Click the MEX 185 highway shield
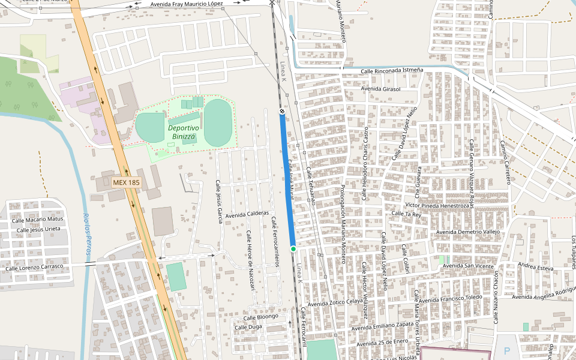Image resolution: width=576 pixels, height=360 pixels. tap(126, 181)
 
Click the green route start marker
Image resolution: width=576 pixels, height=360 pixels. tap(293, 248)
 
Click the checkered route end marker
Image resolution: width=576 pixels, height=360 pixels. tap(281, 112)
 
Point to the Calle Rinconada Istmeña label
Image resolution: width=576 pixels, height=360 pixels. tap(392, 71)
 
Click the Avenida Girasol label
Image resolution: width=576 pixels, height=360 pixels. tap(381, 89)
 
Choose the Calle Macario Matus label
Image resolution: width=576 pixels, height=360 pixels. tap(38, 220)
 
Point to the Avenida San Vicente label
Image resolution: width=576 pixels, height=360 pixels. tap(469, 266)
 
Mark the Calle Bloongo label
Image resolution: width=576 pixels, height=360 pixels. tap(260, 317)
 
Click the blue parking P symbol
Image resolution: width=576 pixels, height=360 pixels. tap(507, 351)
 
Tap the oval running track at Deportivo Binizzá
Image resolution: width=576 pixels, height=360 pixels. tap(217, 123)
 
